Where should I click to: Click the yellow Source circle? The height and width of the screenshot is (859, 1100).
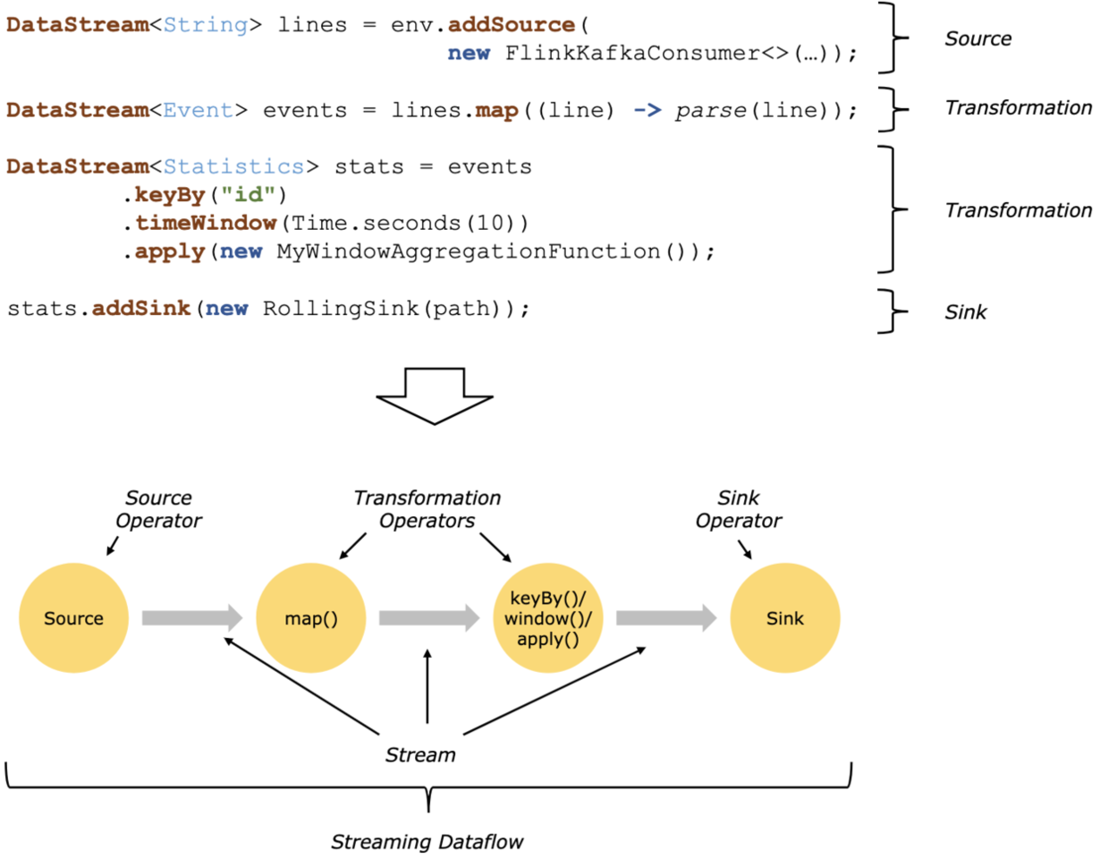(x=74, y=618)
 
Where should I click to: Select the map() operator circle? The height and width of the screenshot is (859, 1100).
(x=311, y=618)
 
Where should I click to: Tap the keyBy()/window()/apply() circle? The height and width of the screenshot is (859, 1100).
(x=548, y=618)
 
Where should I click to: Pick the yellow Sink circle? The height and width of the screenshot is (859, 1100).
(x=785, y=618)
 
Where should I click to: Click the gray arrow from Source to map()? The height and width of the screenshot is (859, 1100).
(x=192, y=618)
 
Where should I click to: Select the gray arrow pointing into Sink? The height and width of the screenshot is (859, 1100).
(x=666, y=618)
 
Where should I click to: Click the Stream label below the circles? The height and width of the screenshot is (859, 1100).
(x=419, y=755)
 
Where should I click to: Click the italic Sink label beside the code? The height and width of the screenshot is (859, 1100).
(x=967, y=313)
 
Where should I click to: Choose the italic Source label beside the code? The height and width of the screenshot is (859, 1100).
(x=978, y=38)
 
